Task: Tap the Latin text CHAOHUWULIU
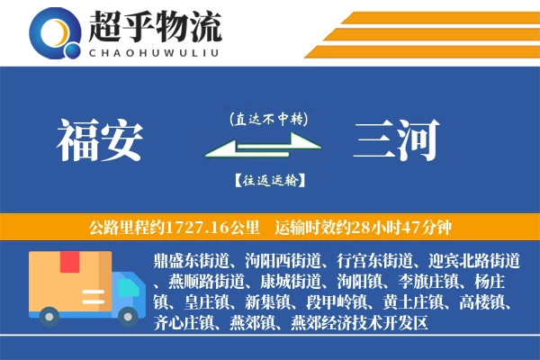pos(155,52)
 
